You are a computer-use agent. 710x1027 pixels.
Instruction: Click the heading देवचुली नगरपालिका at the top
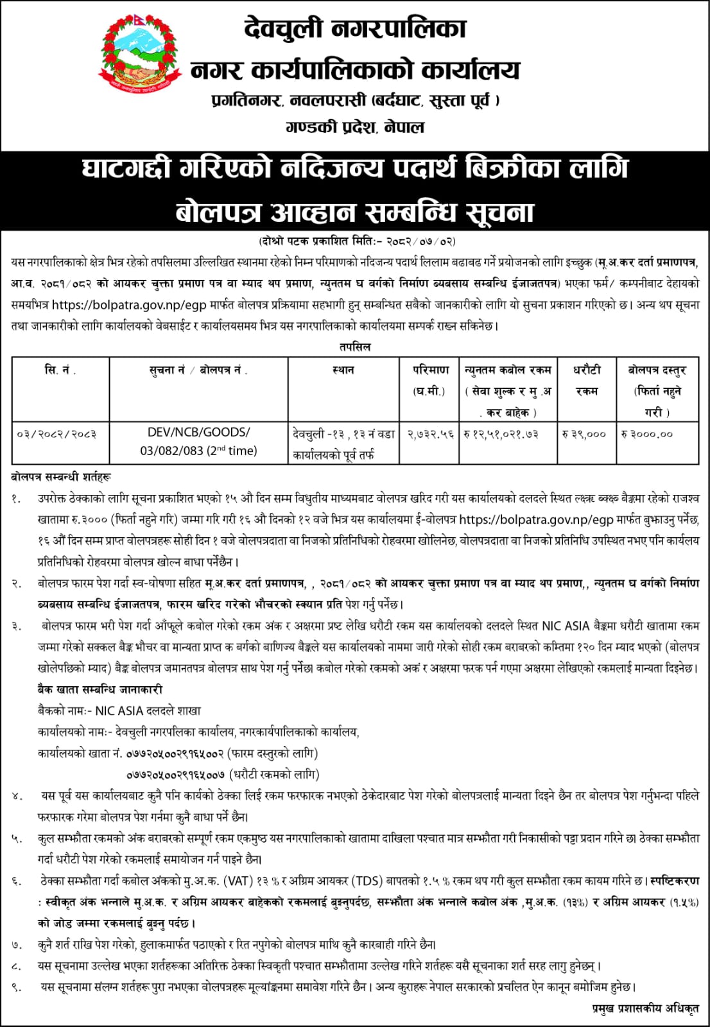pyautogui.click(x=355, y=29)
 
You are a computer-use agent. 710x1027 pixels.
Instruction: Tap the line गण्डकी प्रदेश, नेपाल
pyautogui.click(x=355, y=127)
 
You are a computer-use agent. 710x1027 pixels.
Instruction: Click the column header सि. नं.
pyautogui.click(x=60, y=370)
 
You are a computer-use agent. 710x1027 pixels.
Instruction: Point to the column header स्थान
pyautogui.click(x=343, y=370)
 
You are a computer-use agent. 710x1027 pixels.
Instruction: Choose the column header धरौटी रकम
pyautogui.click(x=586, y=380)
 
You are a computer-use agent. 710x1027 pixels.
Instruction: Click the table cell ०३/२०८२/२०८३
pyautogui.click(x=57, y=435)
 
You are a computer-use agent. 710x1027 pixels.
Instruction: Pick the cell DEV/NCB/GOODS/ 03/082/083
pyautogui.click(x=198, y=442)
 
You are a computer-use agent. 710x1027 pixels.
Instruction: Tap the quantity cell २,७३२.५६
pyautogui.click(x=429, y=435)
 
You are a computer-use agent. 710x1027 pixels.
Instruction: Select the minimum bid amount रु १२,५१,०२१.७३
pyautogui.click(x=508, y=435)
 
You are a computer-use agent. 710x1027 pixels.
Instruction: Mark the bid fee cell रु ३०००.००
pyautogui.click(x=647, y=435)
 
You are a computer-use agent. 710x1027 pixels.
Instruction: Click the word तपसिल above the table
pyautogui.click(x=355, y=347)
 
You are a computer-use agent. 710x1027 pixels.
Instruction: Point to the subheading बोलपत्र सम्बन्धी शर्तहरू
pyautogui.click(x=61, y=477)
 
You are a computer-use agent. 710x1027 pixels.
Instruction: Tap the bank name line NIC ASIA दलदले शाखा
pyautogui.click(x=119, y=711)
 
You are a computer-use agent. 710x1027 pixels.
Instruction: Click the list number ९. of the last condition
pyautogui.click(x=16, y=987)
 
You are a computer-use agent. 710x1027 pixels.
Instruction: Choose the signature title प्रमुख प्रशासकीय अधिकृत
pyautogui.click(x=645, y=1009)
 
